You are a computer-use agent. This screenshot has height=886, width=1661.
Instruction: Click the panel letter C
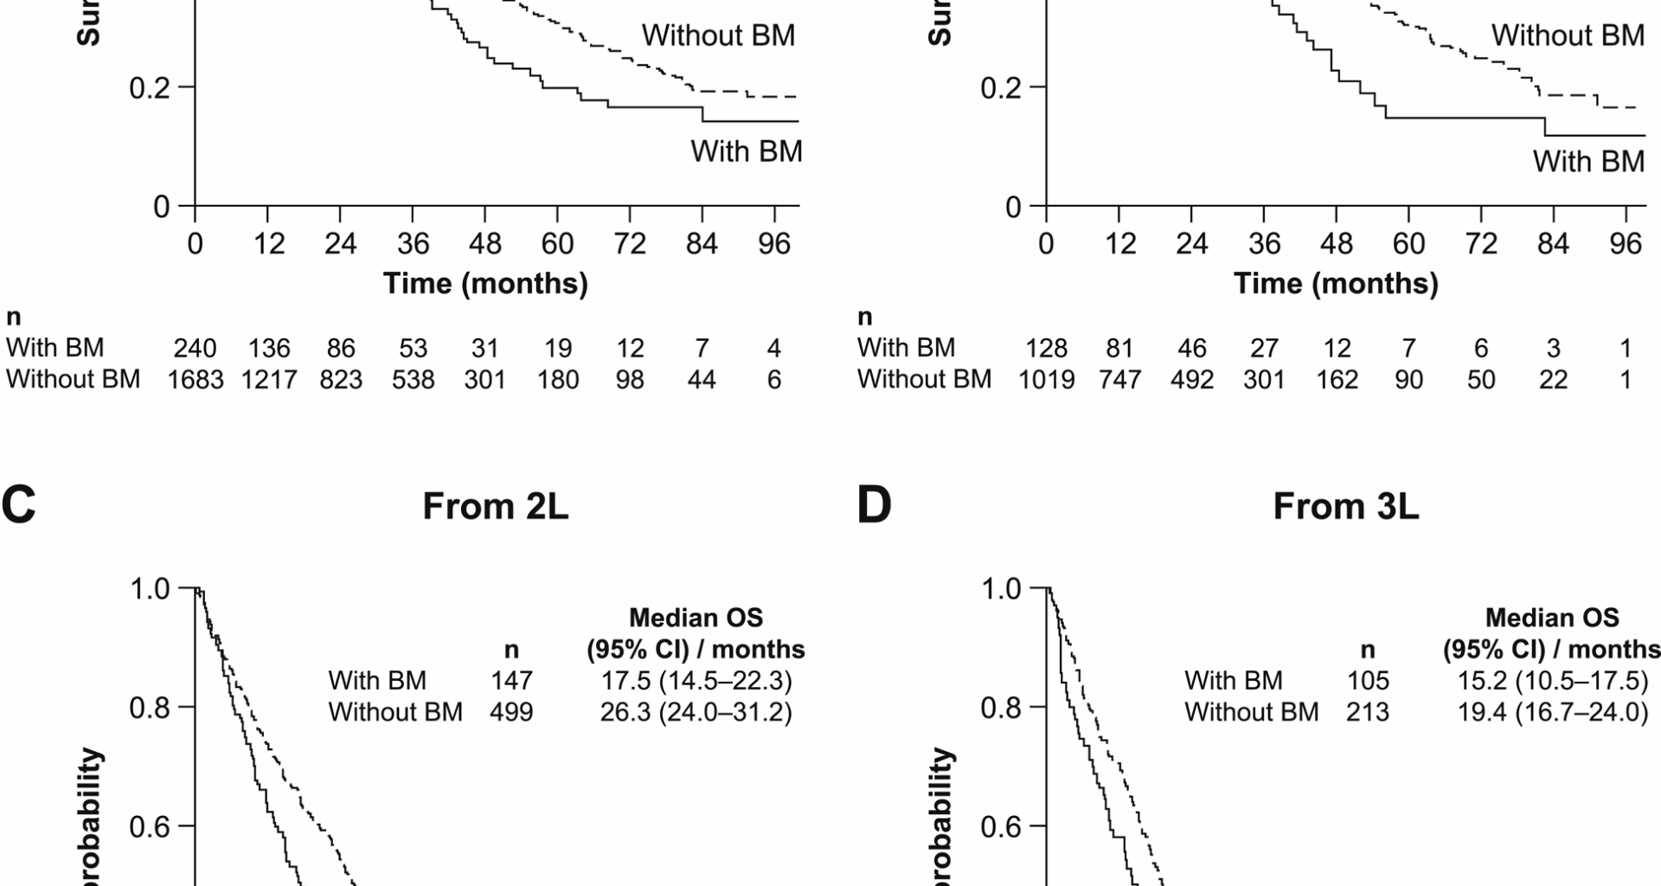(19, 506)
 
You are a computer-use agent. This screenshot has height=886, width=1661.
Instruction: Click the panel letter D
(873, 506)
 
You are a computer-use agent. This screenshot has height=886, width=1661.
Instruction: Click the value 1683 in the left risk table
(196, 380)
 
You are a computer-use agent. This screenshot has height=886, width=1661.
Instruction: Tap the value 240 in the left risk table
(196, 348)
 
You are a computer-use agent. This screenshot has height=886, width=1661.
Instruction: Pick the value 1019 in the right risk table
(1046, 380)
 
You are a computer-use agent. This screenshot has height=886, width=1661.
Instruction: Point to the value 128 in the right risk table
(1046, 348)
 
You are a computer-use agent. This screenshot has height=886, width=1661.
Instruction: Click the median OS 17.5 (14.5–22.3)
(696, 681)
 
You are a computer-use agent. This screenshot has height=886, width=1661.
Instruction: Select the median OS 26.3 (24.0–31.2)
(696, 712)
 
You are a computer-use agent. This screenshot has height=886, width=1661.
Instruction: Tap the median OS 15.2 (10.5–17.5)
(1552, 681)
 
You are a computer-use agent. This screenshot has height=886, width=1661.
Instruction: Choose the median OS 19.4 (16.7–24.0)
(1552, 712)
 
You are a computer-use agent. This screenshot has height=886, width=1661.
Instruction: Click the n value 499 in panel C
(511, 712)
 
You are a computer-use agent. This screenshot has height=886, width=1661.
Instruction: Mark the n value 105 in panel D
(1367, 681)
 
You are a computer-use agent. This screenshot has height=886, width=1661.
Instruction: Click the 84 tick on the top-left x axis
(702, 244)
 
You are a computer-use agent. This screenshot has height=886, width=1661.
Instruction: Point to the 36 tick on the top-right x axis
(1264, 244)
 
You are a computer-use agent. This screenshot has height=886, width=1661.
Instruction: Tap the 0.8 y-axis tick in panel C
(150, 708)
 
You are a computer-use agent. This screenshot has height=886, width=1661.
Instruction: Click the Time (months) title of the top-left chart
(485, 284)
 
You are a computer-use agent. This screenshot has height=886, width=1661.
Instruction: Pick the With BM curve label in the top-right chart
(1588, 162)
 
